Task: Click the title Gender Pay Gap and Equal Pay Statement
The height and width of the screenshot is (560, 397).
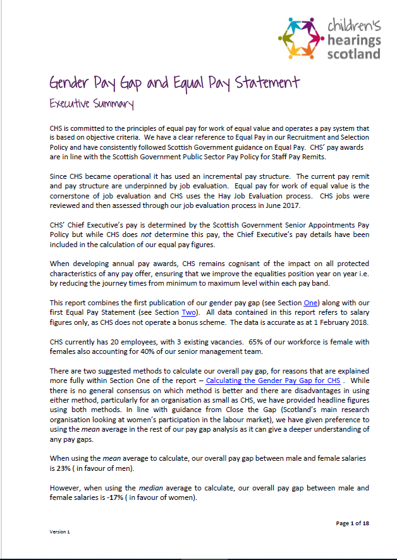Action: pos(174,83)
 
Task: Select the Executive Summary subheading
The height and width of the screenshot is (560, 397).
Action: pos(92,102)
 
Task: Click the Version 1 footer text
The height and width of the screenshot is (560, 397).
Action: pos(60,532)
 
